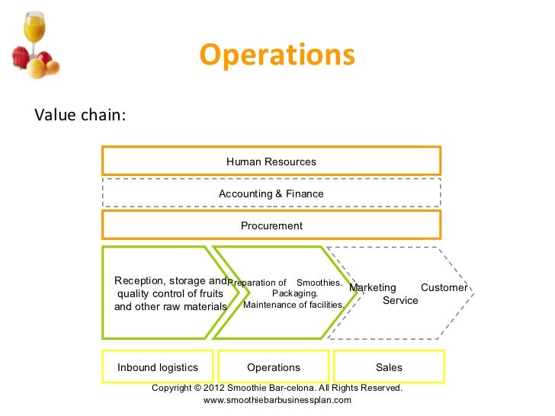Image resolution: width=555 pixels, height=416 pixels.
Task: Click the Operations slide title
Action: pos(277,56)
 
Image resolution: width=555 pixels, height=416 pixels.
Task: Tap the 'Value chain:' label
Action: pos(80,115)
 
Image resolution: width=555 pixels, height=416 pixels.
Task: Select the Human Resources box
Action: pos(271,162)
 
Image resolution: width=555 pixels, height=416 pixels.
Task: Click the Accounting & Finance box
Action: pos(271,194)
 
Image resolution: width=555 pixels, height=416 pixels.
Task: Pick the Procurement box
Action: pos(271,226)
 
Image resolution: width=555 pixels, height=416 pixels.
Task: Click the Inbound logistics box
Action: pos(158,367)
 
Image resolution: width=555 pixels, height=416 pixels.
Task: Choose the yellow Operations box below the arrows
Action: pos(274,367)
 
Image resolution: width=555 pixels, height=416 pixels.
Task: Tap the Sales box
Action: pos(389,367)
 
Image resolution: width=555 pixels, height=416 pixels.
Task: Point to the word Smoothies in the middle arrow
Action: pos(319,282)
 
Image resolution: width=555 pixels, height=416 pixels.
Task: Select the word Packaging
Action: pos(295,293)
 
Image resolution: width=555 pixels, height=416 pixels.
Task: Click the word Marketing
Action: pos(373,288)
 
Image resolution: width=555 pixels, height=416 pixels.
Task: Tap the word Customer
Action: pos(444,288)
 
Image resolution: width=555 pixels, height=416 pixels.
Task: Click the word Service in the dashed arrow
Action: pos(400,300)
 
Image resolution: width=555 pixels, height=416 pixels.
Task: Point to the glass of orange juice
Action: pos(34,27)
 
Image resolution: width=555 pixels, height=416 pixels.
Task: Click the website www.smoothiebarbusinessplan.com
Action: pos(277,399)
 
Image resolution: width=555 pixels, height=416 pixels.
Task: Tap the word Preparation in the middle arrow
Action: pos(257,282)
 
